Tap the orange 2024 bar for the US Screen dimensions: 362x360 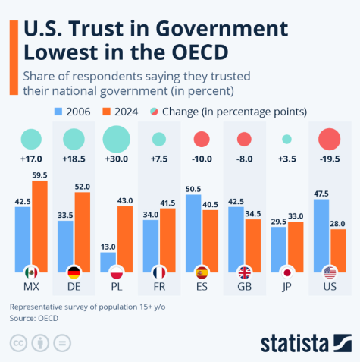tap(338, 250)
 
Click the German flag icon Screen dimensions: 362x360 tap(74, 272)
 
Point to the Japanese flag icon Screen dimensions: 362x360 tap(287, 272)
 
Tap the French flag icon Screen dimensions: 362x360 tap(159, 272)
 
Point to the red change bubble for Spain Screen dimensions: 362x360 tap(202, 139)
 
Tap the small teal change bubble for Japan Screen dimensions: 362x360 tap(287, 139)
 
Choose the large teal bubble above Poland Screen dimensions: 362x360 tap(116, 138)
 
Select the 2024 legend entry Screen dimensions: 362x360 tap(121, 112)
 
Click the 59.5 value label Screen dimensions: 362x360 tap(39, 175)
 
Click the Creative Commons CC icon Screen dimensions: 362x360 tap(17, 342)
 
